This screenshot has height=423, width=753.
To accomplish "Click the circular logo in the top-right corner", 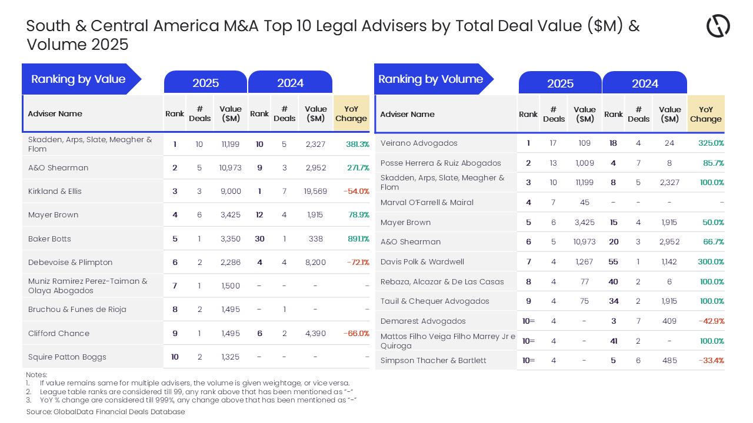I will (718, 26).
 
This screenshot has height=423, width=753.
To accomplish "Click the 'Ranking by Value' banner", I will (78, 79).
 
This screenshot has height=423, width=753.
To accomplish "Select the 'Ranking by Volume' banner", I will (431, 79).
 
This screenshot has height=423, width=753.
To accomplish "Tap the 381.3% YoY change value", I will (358, 145).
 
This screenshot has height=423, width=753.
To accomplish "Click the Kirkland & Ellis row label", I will (55, 192).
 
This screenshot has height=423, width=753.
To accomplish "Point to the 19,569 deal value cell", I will (315, 192).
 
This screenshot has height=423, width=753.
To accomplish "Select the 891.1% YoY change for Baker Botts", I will (358, 239).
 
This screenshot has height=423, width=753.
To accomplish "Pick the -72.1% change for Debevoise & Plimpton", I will (358, 263).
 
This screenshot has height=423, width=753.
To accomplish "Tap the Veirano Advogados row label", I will (419, 143).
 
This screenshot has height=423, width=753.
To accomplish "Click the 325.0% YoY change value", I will (711, 143).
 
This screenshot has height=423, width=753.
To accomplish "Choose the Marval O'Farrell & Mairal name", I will (427, 203).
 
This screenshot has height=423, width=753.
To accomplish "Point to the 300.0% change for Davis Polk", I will (711, 262).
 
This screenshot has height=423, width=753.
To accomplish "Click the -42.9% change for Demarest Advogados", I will (711, 321).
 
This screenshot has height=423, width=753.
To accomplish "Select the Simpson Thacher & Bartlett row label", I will (434, 361).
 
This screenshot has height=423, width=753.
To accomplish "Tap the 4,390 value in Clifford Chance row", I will (315, 334).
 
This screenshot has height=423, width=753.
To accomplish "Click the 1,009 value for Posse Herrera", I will (584, 163).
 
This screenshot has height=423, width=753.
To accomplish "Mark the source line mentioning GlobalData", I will (105, 412).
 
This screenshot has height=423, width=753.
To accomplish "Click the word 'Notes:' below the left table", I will (36, 375).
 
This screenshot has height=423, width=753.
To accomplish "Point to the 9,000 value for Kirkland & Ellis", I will (230, 192).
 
